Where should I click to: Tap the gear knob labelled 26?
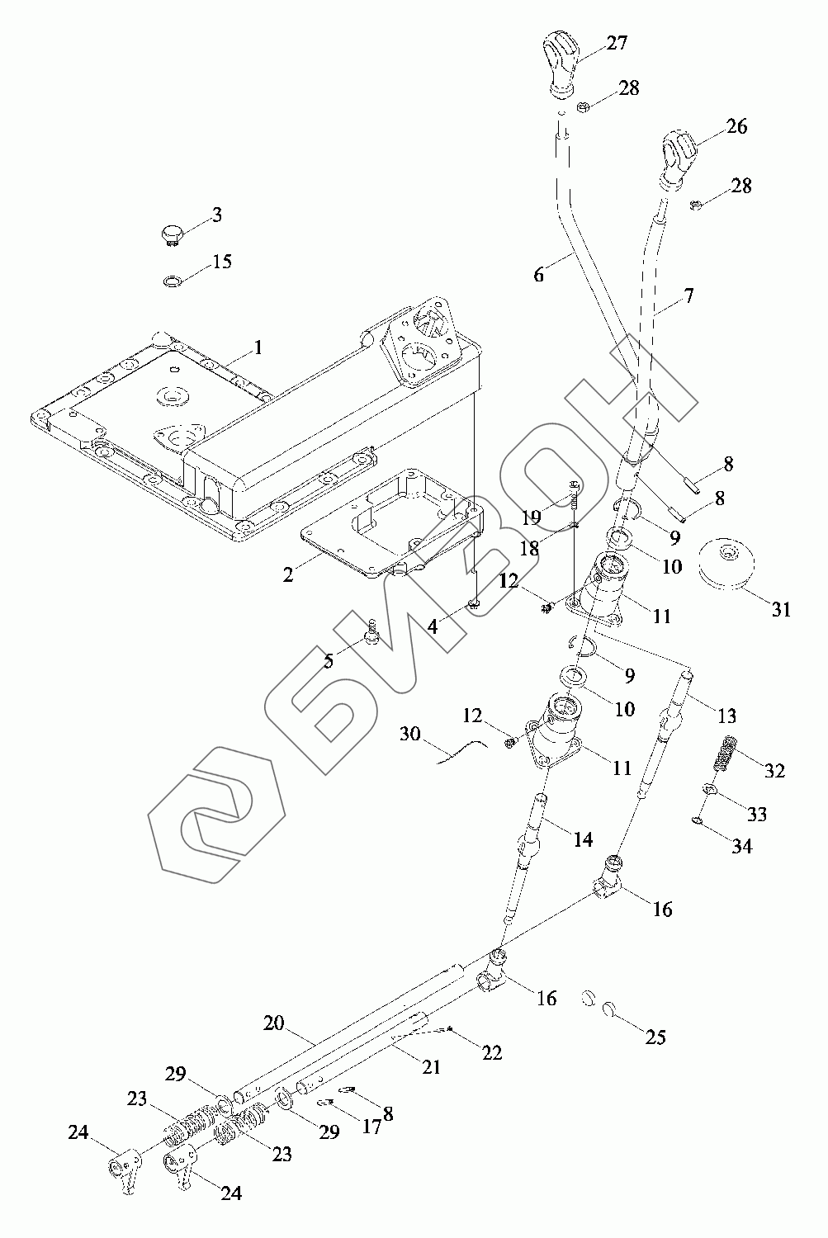coord(678,151)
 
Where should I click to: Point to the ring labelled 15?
coord(173,282)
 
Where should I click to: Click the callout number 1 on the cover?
coord(258,347)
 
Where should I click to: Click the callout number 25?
coord(655,1037)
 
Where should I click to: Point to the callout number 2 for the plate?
coord(288,574)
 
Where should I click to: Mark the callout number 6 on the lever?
coord(539,274)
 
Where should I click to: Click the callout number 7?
coord(688,295)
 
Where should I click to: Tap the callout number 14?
coord(583,839)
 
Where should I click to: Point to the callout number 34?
coord(742,846)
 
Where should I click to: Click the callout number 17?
coord(372,1126)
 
